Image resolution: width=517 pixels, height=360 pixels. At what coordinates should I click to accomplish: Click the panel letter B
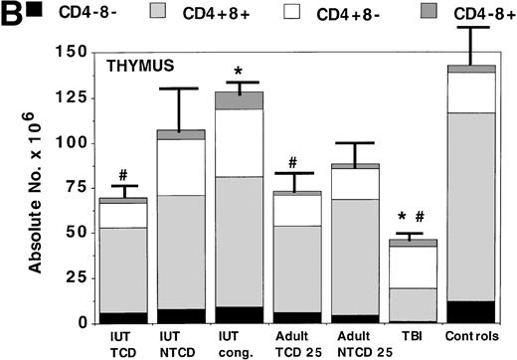9,12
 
